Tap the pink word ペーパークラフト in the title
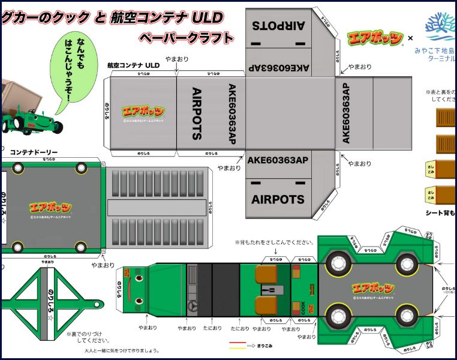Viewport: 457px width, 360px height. [186, 38]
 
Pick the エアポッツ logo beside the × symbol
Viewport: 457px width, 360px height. [375, 38]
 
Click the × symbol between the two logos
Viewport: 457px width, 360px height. [411, 38]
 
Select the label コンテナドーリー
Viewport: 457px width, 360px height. [34, 152]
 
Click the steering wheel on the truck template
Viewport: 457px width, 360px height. [194, 305]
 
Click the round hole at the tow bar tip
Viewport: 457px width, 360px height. [98, 304]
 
